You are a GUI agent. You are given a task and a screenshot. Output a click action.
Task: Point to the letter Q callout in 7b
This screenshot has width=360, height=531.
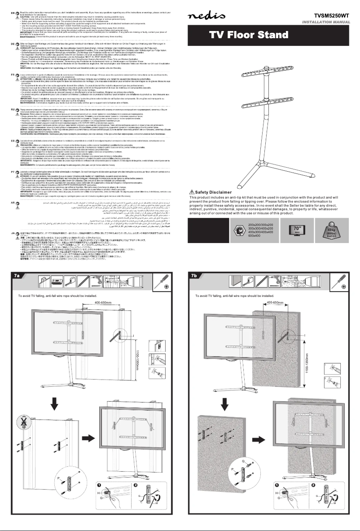(x=243, y=449)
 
